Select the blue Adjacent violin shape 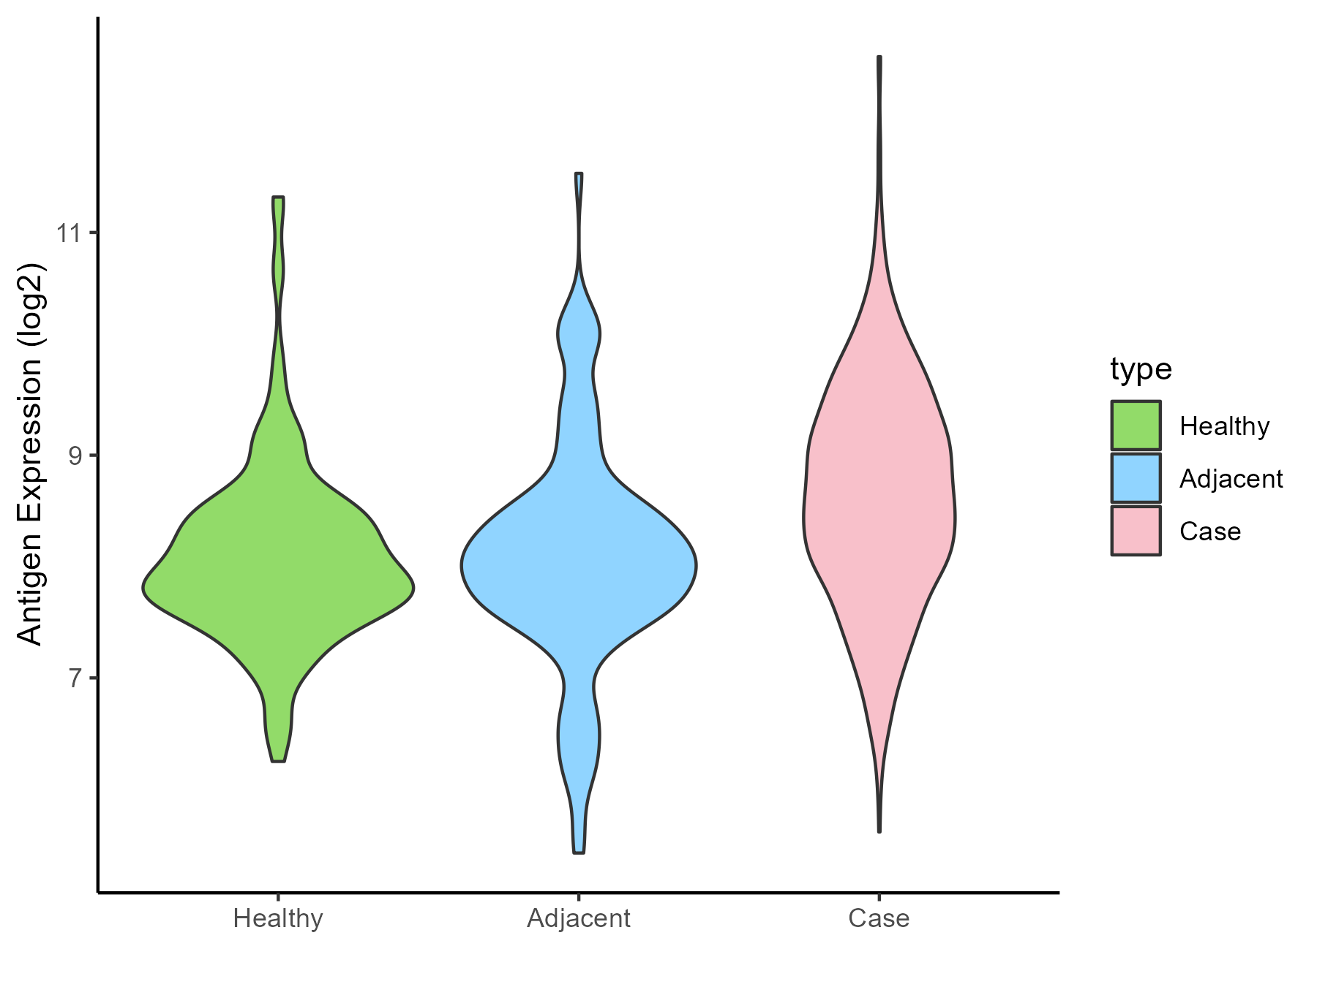(x=579, y=567)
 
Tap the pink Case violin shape (x=879, y=512)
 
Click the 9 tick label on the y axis (x=72, y=456)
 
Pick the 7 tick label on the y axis (x=72, y=678)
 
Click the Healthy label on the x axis (x=278, y=918)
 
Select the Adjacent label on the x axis (x=579, y=918)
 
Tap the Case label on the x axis (x=879, y=918)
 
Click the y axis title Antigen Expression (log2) (x=31, y=453)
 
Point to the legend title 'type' (x=1141, y=369)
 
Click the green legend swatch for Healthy (x=1136, y=426)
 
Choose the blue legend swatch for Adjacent (x=1136, y=478)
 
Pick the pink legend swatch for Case (x=1136, y=531)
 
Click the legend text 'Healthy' (x=1224, y=426)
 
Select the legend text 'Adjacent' (x=1231, y=479)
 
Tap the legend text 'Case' (x=1210, y=532)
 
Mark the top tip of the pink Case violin (x=879, y=57)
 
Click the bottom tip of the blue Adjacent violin (x=579, y=852)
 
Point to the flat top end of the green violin (x=278, y=197)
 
